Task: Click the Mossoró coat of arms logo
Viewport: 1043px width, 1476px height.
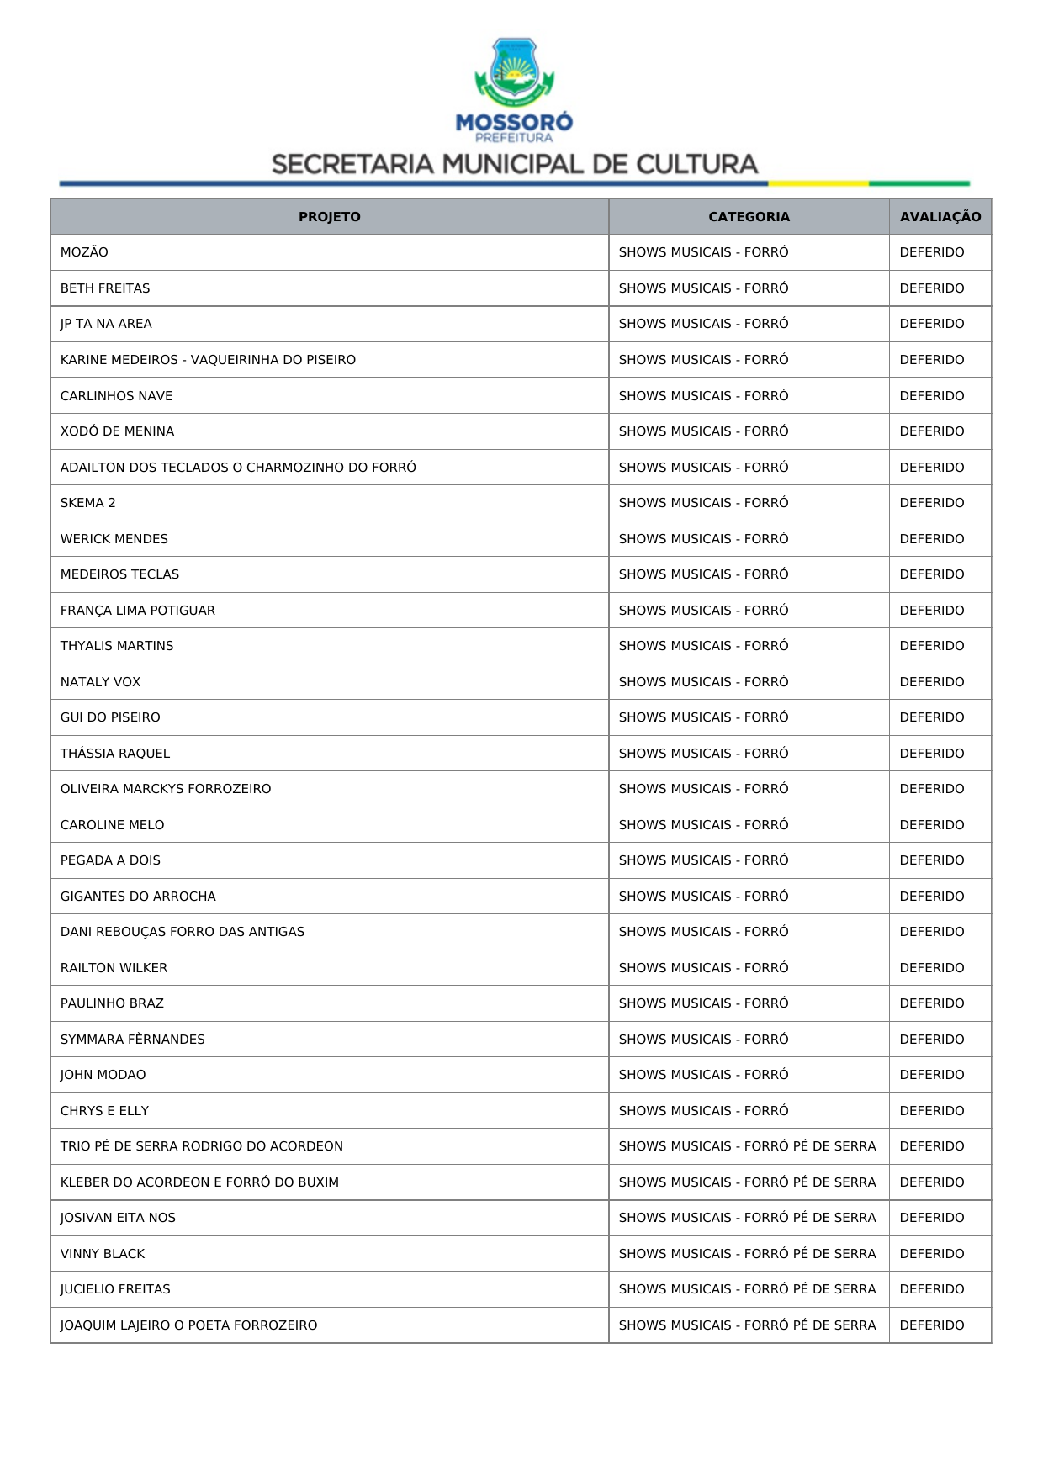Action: pyautogui.click(x=514, y=72)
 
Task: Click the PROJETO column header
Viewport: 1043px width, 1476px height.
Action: pyautogui.click(x=329, y=217)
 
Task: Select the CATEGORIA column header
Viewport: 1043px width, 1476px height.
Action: pyautogui.click(x=749, y=217)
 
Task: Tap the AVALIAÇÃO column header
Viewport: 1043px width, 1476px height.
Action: pyautogui.click(x=940, y=217)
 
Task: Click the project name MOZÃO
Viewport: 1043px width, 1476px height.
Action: pyautogui.click(x=84, y=252)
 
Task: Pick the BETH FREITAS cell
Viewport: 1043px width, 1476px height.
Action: pyautogui.click(x=105, y=288)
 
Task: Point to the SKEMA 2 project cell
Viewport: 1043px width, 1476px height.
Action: pyautogui.click(x=88, y=503)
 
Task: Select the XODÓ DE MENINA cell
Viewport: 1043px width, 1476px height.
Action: pyautogui.click(x=117, y=431)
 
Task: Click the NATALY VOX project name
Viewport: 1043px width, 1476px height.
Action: pyautogui.click(x=100, y=682)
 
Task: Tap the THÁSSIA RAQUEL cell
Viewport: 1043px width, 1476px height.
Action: pyautogui.click(x=115, y=754)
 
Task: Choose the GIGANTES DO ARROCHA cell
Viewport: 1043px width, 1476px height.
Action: pyautogui.click(x=138, y=897)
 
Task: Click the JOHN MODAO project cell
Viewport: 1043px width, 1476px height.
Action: pyautogui.click(x=103, y=1075)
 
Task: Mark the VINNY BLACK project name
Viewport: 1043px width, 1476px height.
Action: pyautogui.click(x=103, y=1254)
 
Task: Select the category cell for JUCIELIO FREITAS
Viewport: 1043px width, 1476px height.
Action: pyautogui.click(x=747, y=1289)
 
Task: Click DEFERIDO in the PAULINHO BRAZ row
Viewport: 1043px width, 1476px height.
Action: pyautogui.click(x=931, y=1003)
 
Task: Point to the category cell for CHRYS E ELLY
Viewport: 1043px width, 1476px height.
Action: pyautogui.click(x=703, y=1111)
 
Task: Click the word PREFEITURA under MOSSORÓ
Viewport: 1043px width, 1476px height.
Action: pyautogui.click(x=514, y=138)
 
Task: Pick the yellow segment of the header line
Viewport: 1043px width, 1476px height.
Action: pyautogui.click(x=818, y=183)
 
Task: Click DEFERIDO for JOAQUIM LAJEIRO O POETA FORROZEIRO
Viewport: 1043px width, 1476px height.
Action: pyautogui.click(x=931, y=1325)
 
